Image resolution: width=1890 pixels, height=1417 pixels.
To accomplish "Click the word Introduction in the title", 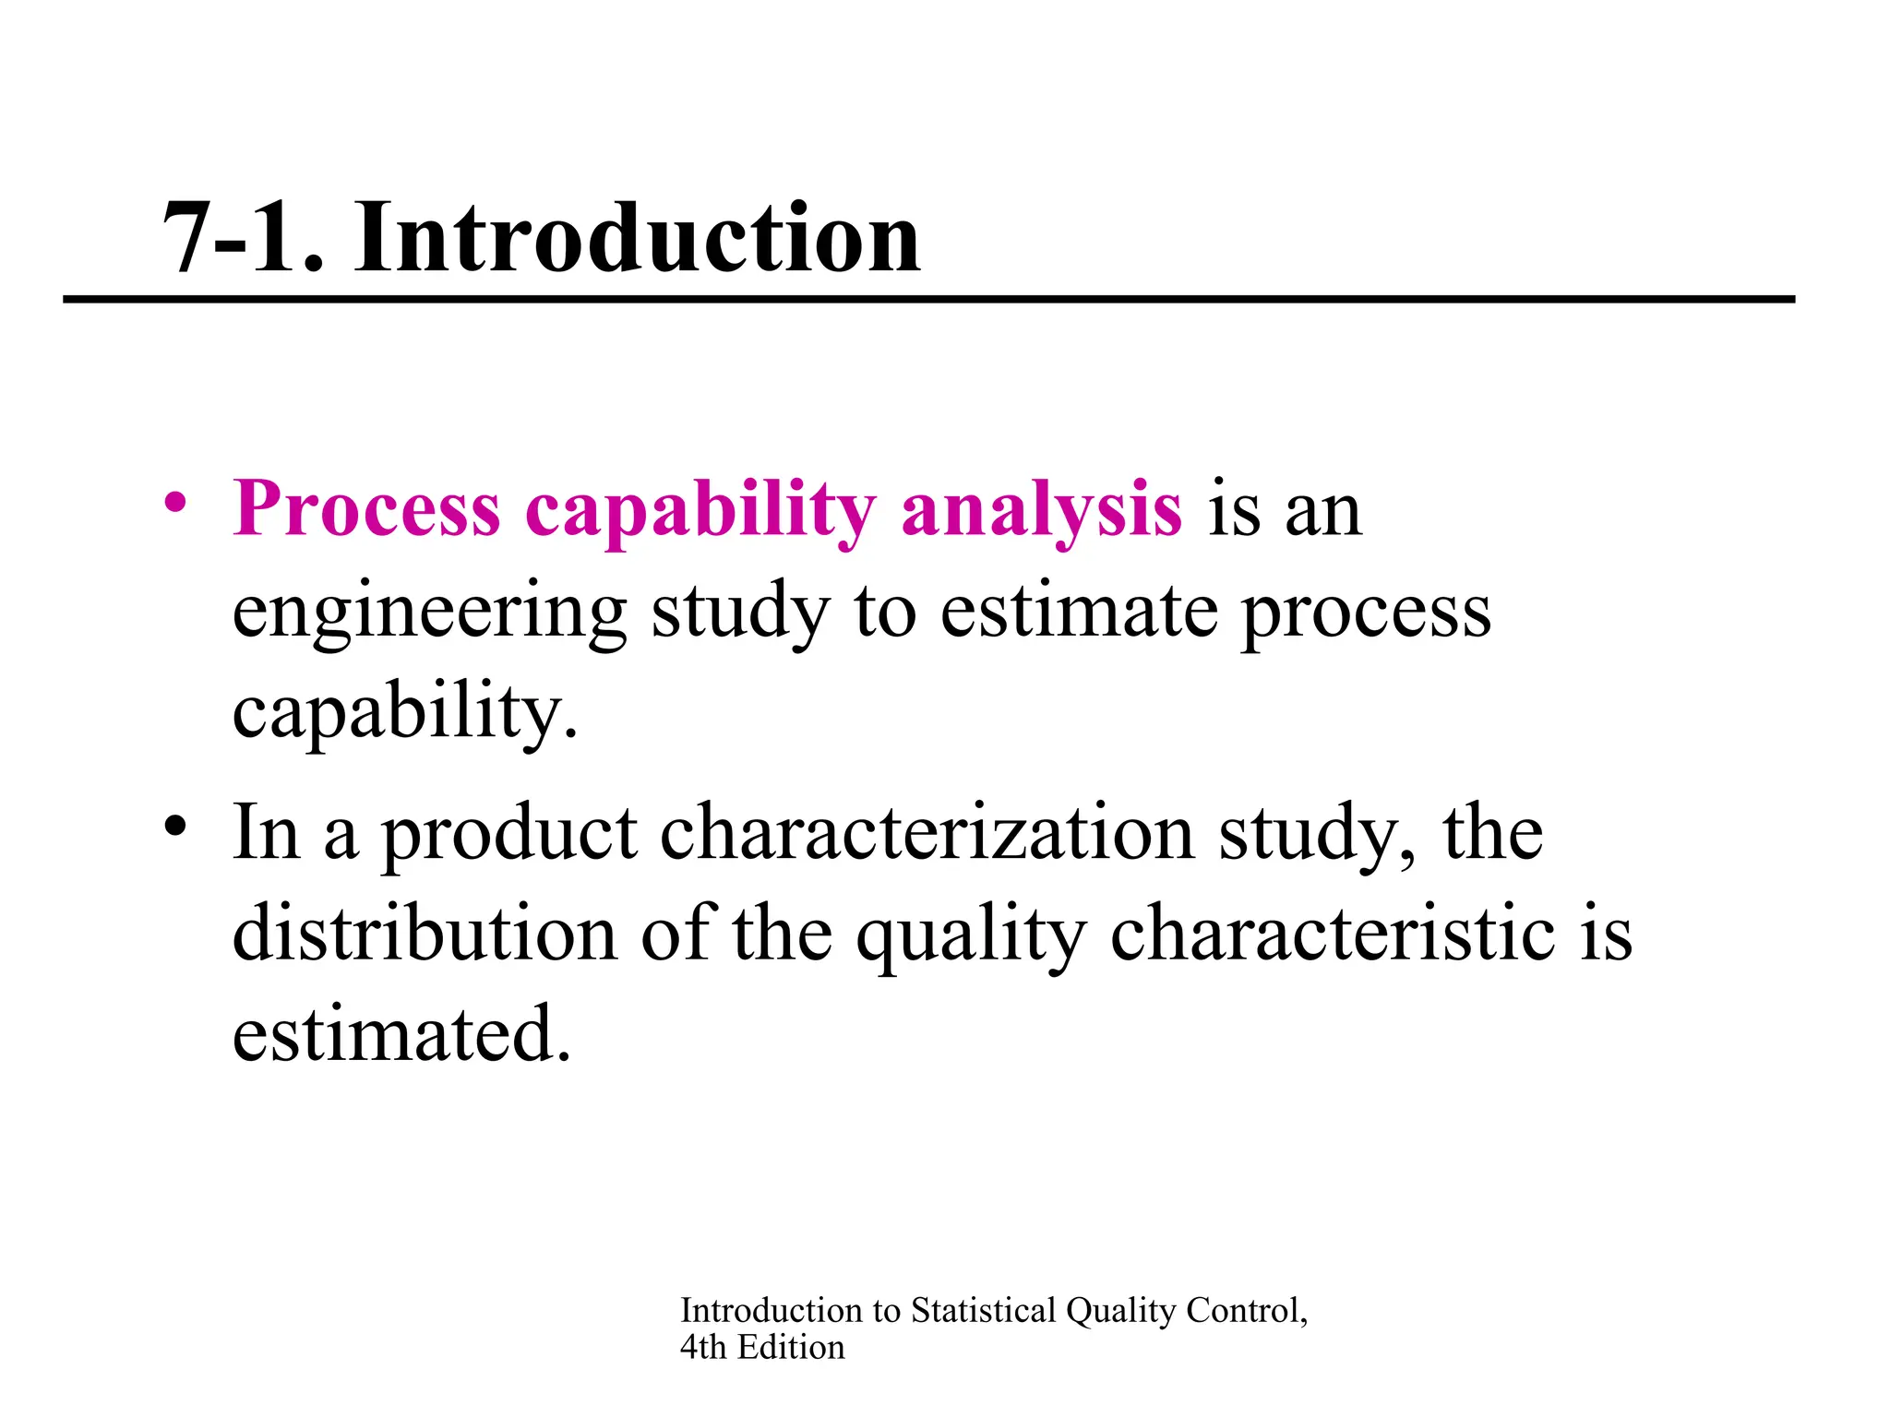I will tap(637, 238).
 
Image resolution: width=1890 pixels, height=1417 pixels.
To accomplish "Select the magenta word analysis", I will tap(1041, 509).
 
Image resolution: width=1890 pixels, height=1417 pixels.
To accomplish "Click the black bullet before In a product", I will tap(174, 824).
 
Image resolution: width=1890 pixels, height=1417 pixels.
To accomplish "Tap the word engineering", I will tap(429, 613).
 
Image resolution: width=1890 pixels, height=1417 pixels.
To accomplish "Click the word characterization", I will tap(927, 833).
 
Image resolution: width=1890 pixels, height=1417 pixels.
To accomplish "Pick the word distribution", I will tap(425, 934).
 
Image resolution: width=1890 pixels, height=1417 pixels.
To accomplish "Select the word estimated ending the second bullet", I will tap(401, 1034).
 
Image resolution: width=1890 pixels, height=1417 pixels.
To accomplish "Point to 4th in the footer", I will tap(703, 1348).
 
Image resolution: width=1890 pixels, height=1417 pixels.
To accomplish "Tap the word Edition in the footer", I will tap(791, 1348).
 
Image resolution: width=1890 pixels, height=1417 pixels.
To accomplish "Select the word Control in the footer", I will tap(1246, 1310).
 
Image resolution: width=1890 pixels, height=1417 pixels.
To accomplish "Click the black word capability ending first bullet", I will tap(403, 714).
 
